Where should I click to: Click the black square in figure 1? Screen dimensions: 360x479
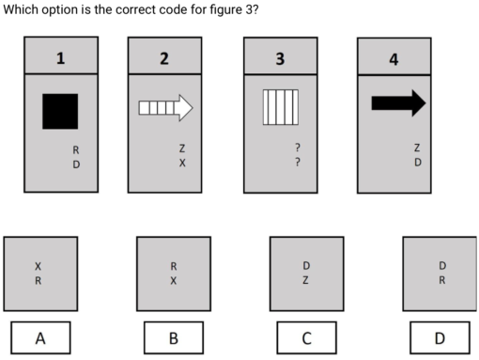(59, 111)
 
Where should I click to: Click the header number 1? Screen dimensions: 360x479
(61, 58)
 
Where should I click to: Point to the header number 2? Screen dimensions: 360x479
(164, 58)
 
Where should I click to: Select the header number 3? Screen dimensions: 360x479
(280, 58)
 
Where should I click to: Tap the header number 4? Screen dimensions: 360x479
(394, 60)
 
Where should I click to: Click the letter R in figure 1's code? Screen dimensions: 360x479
(76, 149)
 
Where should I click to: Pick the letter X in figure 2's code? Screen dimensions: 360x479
(182, 163)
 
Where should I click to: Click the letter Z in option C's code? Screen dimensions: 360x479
(306, 279)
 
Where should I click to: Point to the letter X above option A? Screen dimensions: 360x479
(39, 264)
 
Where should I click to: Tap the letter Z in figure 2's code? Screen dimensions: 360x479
(182, 149)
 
